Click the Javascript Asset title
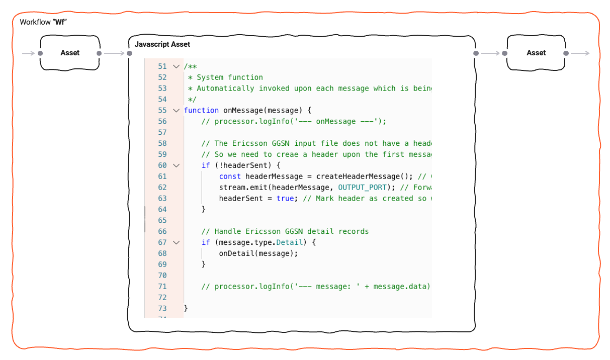(162, 44)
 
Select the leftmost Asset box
(70, 53)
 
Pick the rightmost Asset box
(536, 53)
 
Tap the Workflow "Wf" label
(43, 22)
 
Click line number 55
(162, 110)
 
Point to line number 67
(162, 242)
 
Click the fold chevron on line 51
(176, 66)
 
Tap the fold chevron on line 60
(176, 165)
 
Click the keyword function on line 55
(201, 110)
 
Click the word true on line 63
(285, 198)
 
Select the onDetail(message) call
(258, 253)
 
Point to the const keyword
(230, 176)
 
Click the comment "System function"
(230, 77)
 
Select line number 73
(162, 308)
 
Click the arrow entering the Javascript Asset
(114, 53)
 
